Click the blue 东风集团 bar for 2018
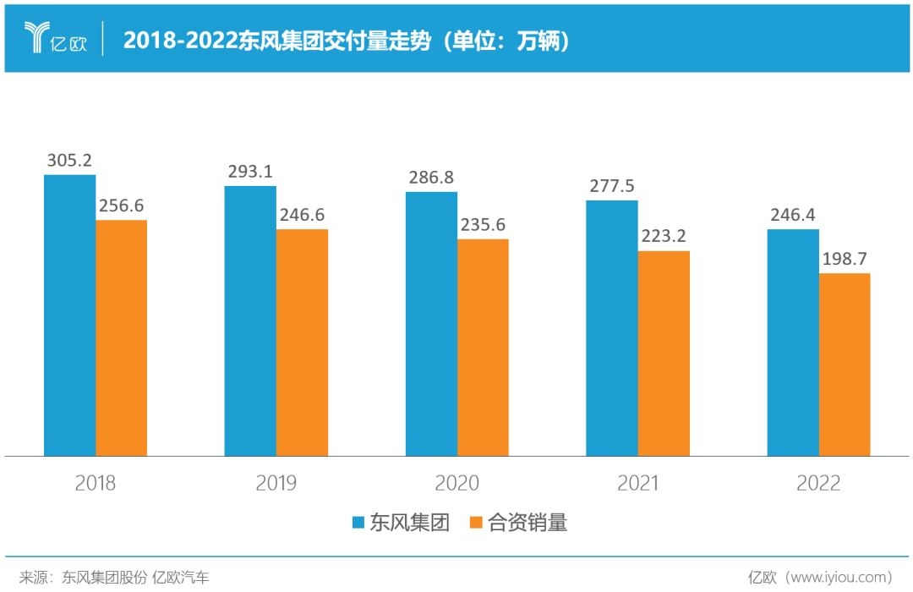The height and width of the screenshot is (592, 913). tap(69, 315)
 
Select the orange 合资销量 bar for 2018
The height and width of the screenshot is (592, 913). tap(121, 338)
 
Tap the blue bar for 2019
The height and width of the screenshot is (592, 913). tap(250, 321)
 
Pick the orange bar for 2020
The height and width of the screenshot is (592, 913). tap(483, 348)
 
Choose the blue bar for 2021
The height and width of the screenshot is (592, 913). tap(612, 328)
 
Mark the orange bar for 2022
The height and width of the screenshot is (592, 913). tap(845, 365)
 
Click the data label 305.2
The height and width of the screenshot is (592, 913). tap(69, 161)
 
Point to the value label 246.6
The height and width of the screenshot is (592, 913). tap(302, 215)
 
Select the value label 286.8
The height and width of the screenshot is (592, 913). tap(431, 178)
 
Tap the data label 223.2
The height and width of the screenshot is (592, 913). tap(664, 236)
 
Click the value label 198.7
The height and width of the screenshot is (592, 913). tap(845, 259)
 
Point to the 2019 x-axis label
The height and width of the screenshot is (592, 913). tap(276, 484)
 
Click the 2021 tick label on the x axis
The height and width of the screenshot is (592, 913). tap(637, 484)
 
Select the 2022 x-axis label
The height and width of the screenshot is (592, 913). tap(818, 484)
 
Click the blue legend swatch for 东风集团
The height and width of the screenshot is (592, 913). tap(358, 523)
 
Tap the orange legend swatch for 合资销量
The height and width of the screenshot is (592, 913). tap(476, 523)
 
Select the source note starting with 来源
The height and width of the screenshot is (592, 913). tap(114, 578)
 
